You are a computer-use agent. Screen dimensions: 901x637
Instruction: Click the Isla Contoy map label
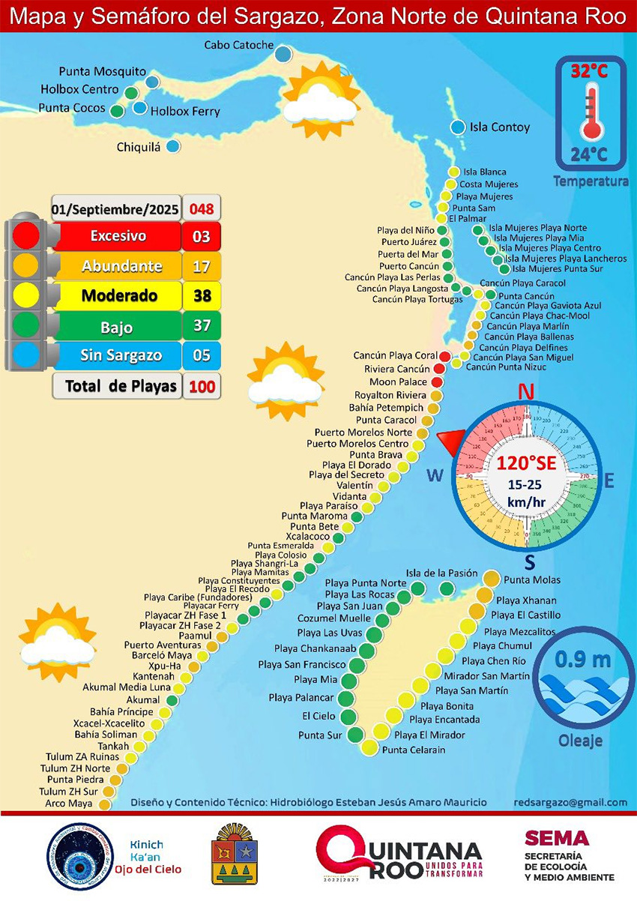499,127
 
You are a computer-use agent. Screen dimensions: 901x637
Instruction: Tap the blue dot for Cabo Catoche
283,54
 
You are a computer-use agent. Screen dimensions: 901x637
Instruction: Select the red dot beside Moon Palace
437,382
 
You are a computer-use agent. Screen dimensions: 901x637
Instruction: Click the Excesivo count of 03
201,236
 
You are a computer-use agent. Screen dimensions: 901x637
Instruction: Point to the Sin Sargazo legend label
120,355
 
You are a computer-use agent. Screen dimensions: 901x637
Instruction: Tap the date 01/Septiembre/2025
115,208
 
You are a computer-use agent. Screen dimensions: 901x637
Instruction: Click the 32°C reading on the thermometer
590,73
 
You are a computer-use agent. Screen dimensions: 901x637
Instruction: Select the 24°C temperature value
590,155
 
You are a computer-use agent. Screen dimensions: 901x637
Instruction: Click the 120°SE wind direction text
526,462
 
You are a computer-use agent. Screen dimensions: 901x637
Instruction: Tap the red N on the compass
526,391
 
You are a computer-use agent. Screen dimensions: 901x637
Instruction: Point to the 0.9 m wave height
583,660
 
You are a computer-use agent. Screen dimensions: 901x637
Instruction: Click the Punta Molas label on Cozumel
532,580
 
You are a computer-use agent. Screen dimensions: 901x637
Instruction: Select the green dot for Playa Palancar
345,699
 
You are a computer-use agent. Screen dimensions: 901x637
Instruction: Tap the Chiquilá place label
139,147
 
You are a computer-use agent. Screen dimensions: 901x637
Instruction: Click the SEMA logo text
556,839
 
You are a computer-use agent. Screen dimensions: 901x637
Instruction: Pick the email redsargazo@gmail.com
571,802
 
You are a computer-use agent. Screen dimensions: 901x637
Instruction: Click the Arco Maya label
68,804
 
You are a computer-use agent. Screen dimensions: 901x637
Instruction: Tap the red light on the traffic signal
26,235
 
